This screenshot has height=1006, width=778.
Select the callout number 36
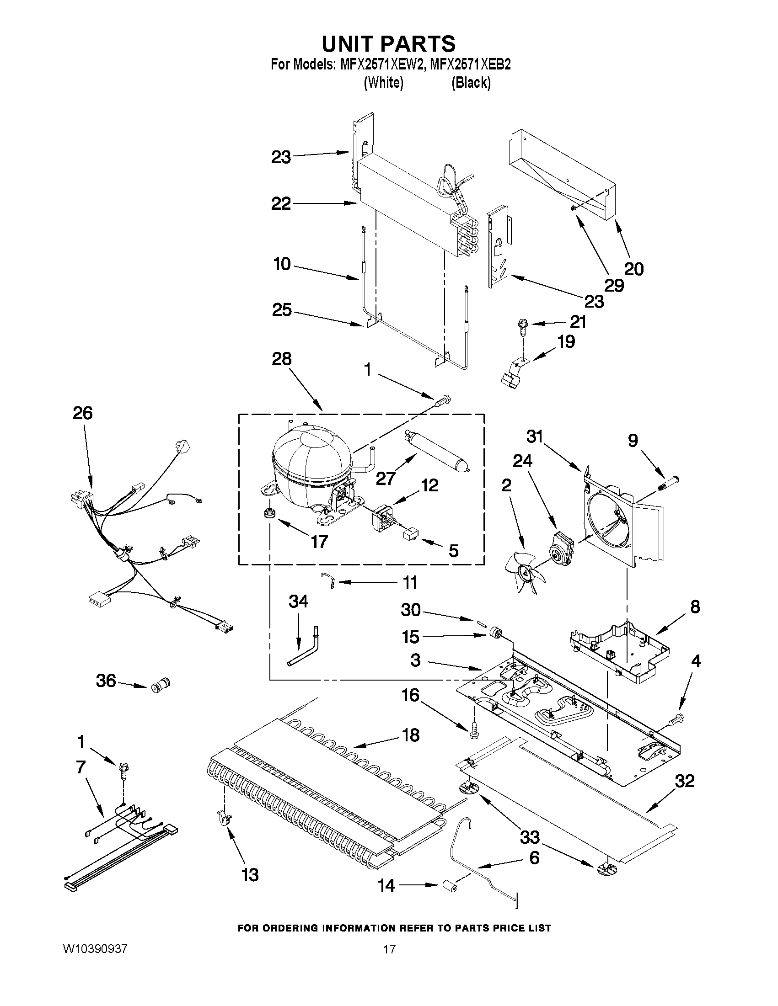point(106,680)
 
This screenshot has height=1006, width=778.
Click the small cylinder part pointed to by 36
point(159,685)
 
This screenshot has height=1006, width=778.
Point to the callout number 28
point(282,358)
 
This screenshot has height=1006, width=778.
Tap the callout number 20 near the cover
point(634,269)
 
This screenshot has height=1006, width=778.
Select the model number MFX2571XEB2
point(470,65)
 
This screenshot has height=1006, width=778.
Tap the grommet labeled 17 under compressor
point(267,513)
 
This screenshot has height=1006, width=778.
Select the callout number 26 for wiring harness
point(82,413)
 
